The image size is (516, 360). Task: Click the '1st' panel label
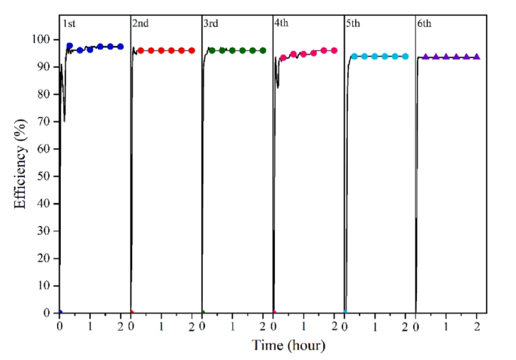[68, 23]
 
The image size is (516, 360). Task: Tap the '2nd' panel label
[140, 23]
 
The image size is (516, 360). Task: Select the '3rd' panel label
[211, 23]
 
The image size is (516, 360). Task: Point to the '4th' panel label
[282, 23]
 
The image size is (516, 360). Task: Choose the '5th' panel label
[353, 23]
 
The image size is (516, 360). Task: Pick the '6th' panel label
[424, 23]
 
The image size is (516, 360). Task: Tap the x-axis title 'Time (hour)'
[288, 346]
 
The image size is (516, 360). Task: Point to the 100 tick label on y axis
[44, 39]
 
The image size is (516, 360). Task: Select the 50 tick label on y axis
[46, 176]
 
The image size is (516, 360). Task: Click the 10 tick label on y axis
[46, 286]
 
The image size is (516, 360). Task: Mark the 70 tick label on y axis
[46, 121]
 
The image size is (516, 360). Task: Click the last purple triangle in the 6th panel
[476, 56]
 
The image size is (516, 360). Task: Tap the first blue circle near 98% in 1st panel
[70, 46]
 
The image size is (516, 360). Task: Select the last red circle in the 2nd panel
[192, 50]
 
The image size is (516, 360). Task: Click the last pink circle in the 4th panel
[333, 50]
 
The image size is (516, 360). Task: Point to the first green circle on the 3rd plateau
[212, 50]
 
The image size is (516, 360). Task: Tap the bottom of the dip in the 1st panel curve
[64, 120]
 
